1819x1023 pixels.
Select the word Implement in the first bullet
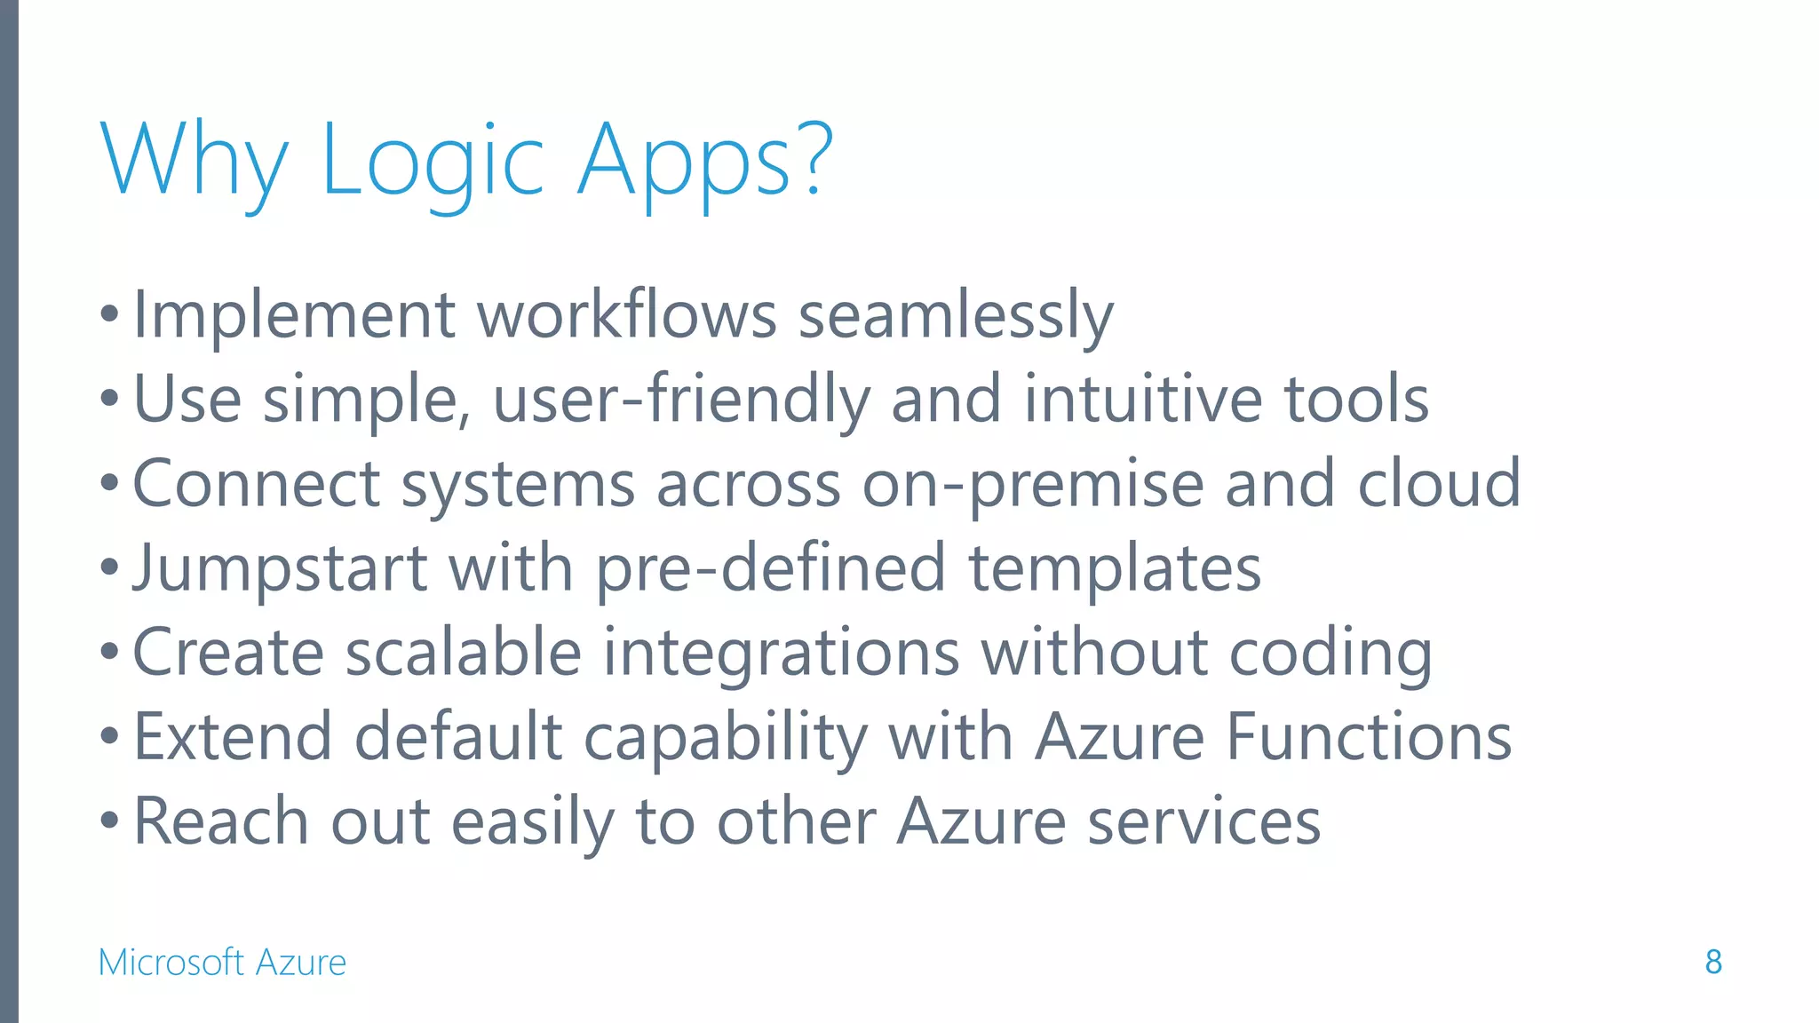click(294, 315)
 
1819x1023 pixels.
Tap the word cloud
click(1439, 483)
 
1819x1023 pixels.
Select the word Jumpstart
click(281, 569)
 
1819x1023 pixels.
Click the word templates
click(1115, 569)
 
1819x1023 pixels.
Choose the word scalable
click(463, 653)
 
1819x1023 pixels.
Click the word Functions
click(1369, 737)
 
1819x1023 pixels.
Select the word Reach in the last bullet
click(221, 821)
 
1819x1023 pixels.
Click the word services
click(1203, 821)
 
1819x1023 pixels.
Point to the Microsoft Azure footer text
click(222, 962)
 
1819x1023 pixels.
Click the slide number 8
click(1713, 962)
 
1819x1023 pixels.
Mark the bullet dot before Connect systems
click(109, 485)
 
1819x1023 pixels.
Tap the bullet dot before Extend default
click(109, 737)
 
